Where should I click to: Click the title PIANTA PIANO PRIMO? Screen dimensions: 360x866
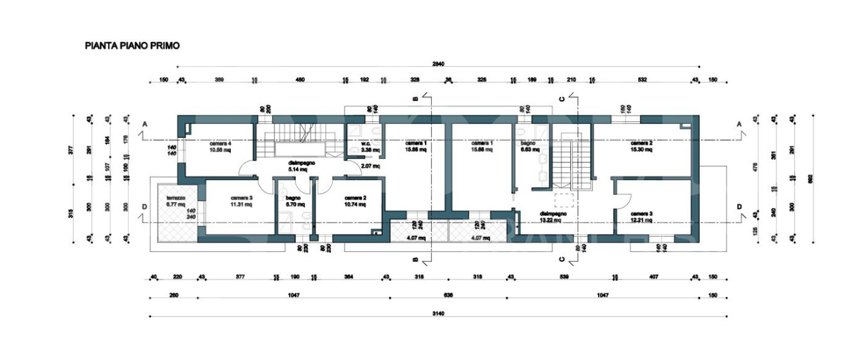(131, 46)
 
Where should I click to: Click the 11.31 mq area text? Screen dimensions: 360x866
(222, 204)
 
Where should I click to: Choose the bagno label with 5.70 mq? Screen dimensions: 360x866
(294, 197)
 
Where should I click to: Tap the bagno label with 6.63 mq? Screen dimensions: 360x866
(528, 143)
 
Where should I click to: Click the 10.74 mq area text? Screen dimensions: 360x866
(355, 204)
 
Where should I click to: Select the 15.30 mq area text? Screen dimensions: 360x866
(641, 150)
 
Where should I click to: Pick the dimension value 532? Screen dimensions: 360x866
(643, 81)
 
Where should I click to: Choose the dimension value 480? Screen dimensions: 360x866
(300, 81)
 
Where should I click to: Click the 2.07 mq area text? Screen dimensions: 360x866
(371, 165)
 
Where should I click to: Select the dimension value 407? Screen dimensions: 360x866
(653, 277)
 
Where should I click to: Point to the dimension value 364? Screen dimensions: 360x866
(348, 277)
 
